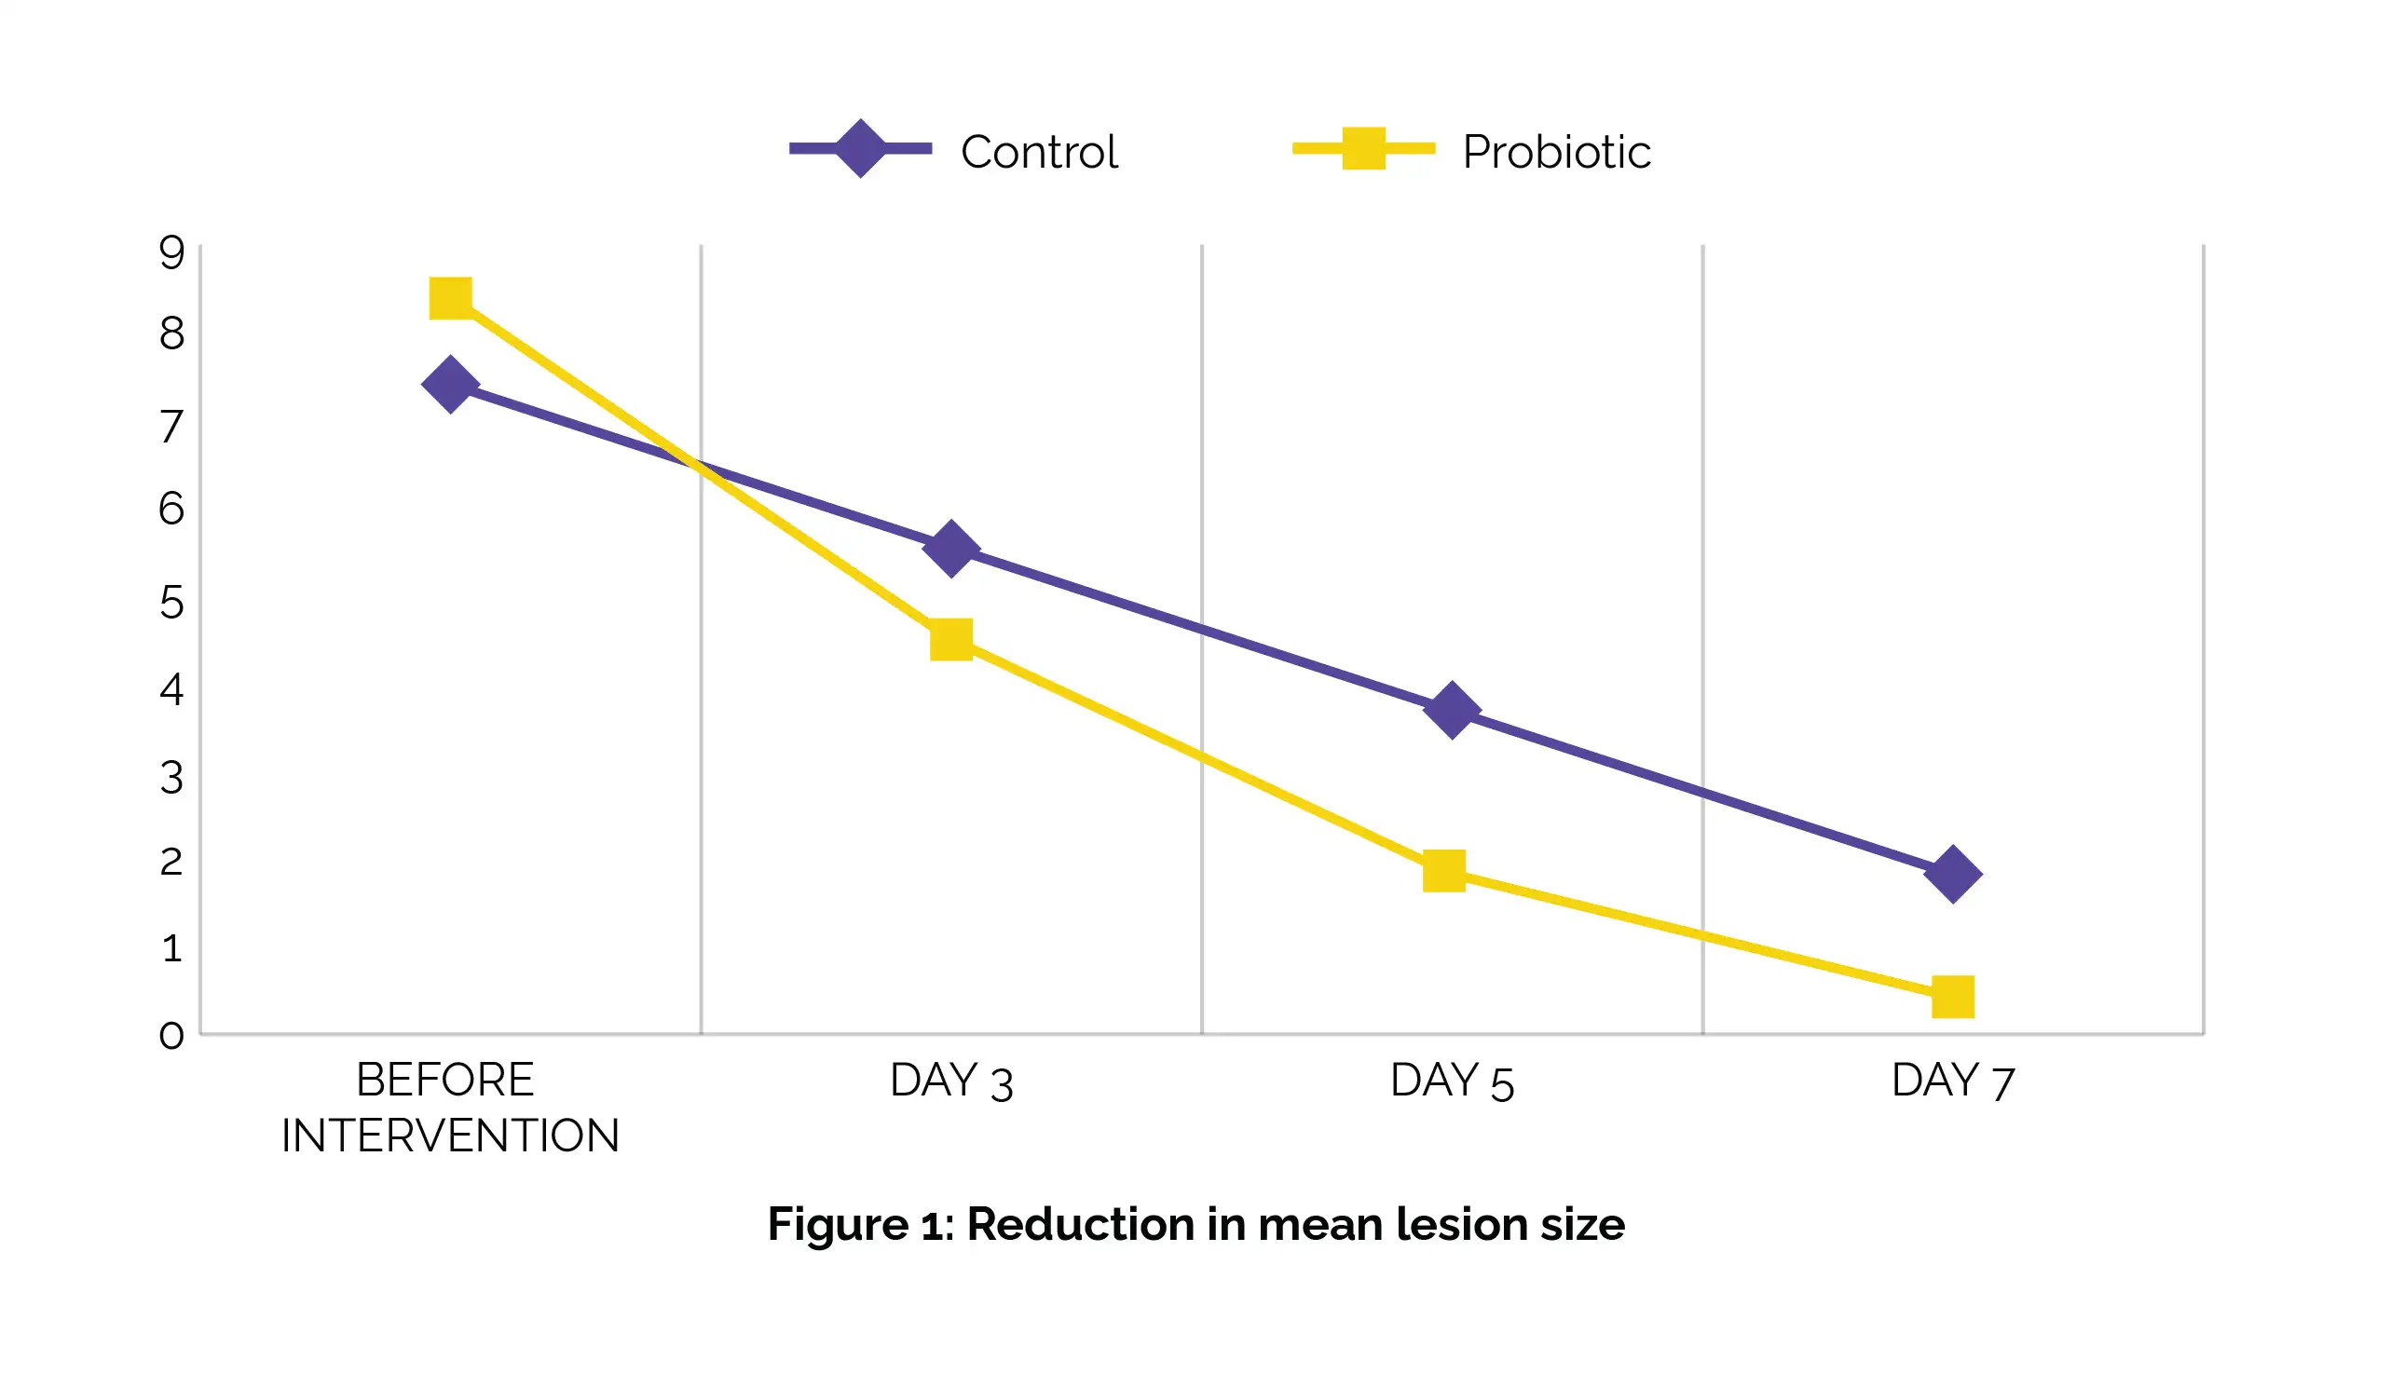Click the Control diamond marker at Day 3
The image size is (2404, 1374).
(x=951, y=549)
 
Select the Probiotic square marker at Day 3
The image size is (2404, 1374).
(x=951, y=640)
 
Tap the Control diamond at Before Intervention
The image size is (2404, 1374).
(x=450, y=385)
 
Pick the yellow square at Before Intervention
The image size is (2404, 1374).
(x=450, y=298)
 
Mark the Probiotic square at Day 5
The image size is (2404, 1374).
(x=1444, y=870)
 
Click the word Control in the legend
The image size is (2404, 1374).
(x=1039, y=152)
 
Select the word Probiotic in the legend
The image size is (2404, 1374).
(x=1556, y=152)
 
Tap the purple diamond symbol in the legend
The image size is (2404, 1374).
(x=860, y=148)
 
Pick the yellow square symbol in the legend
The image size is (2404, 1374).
(x=1364, y=148)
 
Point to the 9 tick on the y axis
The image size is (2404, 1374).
(x=171, y=252)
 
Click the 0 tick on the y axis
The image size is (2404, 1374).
(x=171, y=1035)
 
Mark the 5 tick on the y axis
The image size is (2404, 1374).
(x=171, y=602)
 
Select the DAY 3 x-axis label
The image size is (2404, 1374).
(x=951, y=1082)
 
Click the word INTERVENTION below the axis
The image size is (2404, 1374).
(x=450, y=1136)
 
